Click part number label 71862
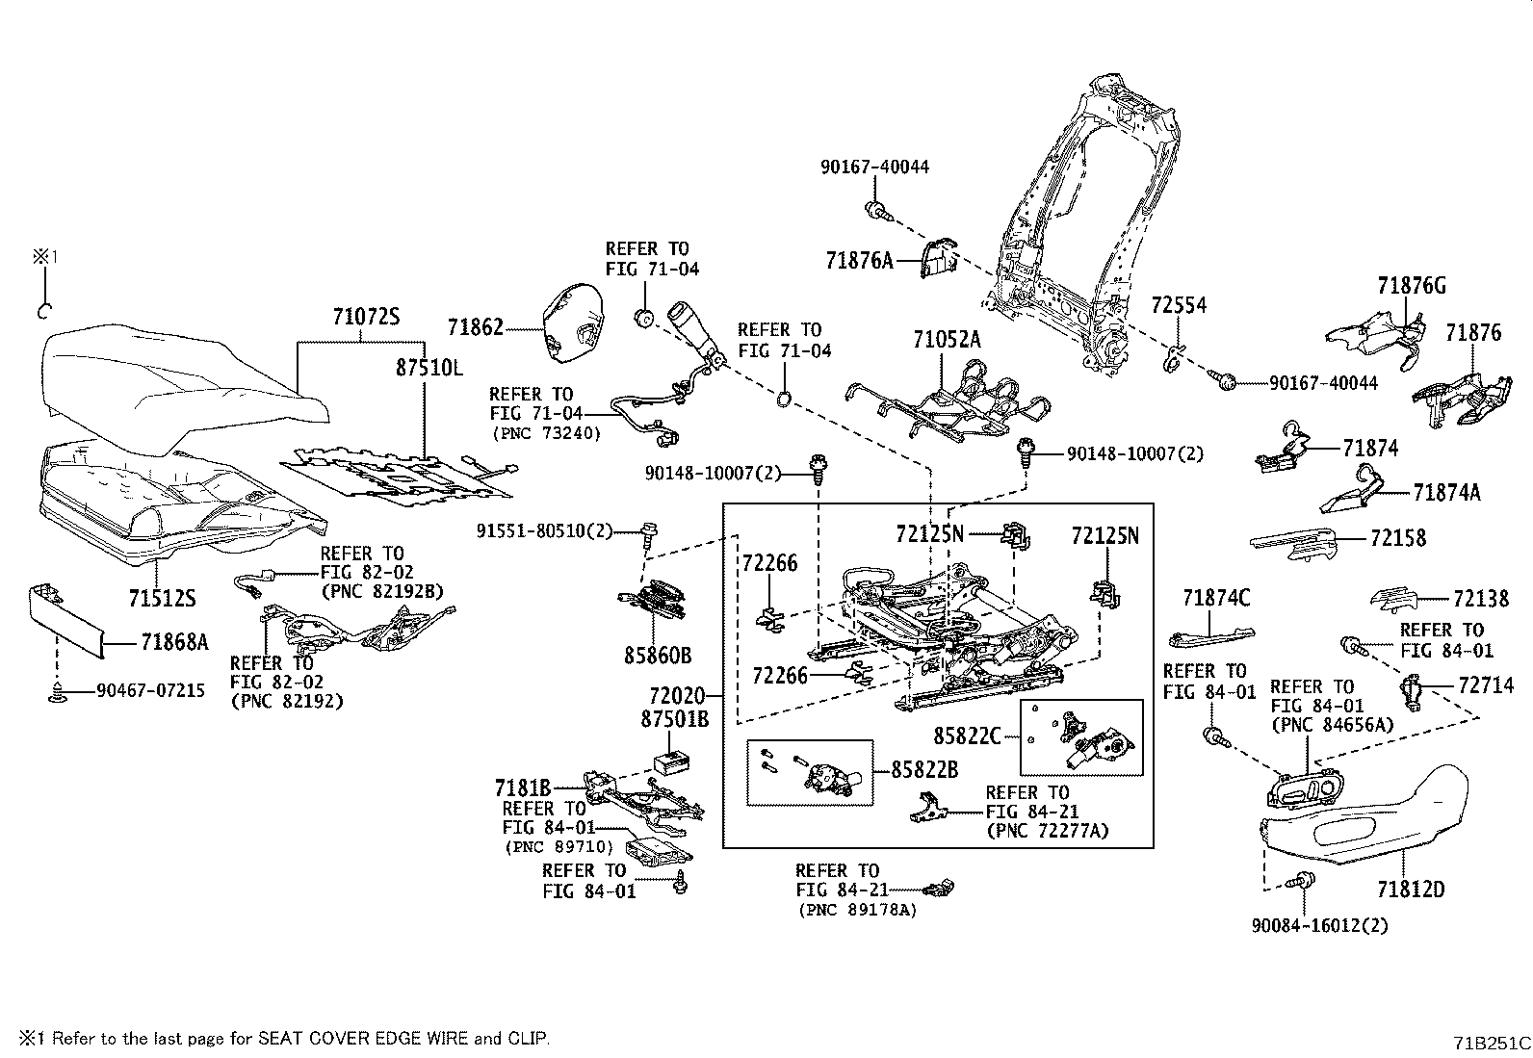[475, 328]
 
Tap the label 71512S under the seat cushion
[162, 599]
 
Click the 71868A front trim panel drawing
[63, 617]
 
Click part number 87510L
[429, 367]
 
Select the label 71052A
[947, 339]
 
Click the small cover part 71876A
[936, 259]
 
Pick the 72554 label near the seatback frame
[1179, 305]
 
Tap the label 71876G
[1411, 286]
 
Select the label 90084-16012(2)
[1319, 925]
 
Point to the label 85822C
[967, 736]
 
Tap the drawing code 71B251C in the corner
[1491, 1042]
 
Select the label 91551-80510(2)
[544, 530]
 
